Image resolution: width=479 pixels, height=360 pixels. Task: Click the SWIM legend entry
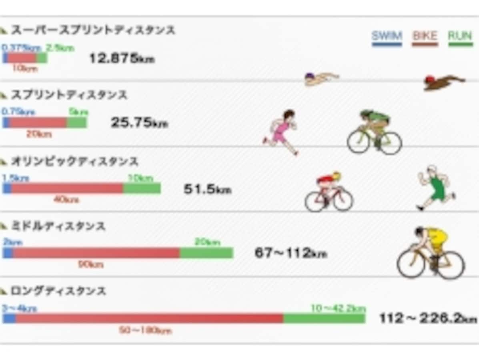tap(387, 37)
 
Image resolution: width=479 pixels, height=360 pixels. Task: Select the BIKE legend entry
tap(425, 37)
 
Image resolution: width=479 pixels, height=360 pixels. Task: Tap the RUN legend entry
tap(460, 37)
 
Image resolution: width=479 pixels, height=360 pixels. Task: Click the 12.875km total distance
tap(122, 59)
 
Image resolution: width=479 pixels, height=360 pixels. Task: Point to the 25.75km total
tap(139, 123)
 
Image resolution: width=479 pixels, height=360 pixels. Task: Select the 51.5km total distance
tap(207, 189)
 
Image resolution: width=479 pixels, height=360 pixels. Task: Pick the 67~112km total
tap(291, 253)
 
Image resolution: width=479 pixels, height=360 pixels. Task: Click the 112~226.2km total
tap(428, 318)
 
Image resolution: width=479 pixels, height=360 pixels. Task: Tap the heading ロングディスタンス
tap(58, 291)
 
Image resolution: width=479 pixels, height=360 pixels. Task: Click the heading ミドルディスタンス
tap(58, 226)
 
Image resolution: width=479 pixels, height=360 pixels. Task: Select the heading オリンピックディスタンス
tap(74, 162)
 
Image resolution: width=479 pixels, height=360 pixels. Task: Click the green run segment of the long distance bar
tap(324, 318)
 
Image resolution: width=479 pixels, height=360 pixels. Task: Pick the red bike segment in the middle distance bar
tap(96, 253)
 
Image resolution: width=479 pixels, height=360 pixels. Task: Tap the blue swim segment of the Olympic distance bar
tap(7, 188)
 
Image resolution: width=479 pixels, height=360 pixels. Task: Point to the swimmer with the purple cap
tap(321, 78)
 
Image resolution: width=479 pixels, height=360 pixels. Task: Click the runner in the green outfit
tap(435, 187)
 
